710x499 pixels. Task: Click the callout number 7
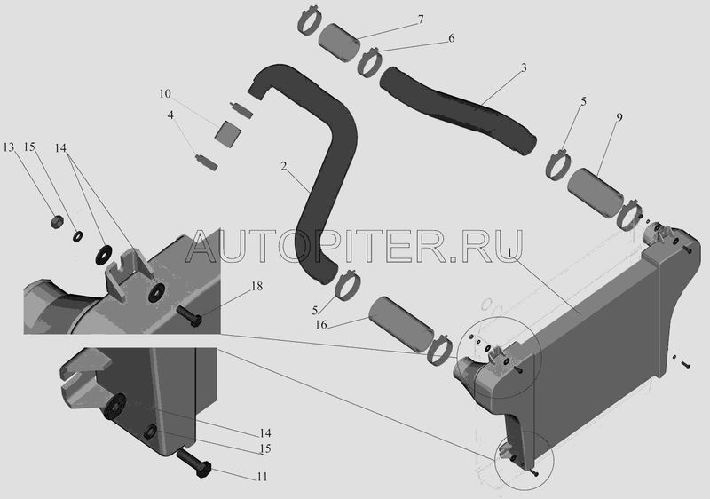point(421,20)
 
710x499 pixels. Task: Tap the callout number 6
point(452,38)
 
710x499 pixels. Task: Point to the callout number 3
point(524,68)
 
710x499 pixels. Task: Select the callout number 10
point(165,94)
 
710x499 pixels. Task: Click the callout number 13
point(9,147)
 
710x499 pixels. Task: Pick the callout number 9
point(619,117)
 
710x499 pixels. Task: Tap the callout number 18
point(256,286)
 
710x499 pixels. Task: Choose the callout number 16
point(321,325)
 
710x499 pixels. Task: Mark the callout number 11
point(262,477)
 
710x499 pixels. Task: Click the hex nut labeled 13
point(56,221)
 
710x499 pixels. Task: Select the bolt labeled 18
point(188,317)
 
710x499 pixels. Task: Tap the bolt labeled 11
point(193,463)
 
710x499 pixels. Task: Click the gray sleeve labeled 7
point(339,42)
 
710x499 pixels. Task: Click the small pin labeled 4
point(206,162)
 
